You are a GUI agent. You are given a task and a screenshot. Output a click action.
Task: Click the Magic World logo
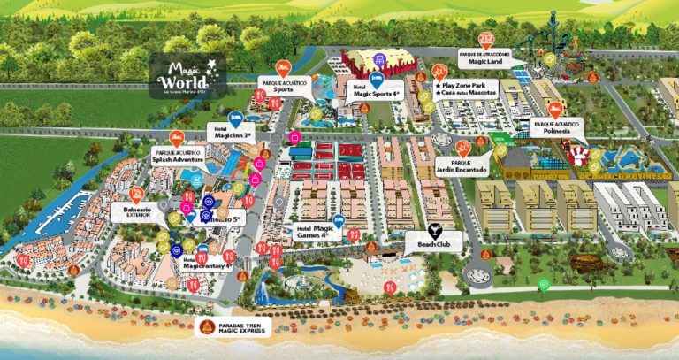coord(187,70)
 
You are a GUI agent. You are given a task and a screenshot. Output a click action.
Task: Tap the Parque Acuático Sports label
coord(283,86)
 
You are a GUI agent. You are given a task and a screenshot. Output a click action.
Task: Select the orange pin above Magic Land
coord(485,39)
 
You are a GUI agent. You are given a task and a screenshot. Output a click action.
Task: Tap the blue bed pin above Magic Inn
coord(235,118)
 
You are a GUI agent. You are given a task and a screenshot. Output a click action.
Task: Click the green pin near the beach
coord(544,285)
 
